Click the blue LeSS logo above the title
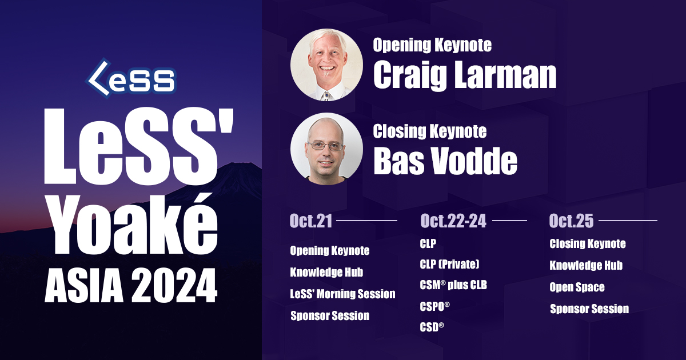131,78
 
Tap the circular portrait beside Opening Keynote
327,65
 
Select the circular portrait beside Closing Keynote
327,149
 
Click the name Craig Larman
465,75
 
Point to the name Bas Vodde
445,161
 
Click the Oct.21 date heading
311,221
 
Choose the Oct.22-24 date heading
453,221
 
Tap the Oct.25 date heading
571,221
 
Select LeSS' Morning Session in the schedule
342,294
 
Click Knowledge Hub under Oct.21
326,272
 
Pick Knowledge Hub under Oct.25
586,265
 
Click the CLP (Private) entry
449,264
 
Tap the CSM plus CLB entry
453,285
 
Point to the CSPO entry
434,306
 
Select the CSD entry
432,327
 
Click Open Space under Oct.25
577,287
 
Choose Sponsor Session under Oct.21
330,315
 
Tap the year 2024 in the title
174,286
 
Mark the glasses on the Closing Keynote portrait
326,146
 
